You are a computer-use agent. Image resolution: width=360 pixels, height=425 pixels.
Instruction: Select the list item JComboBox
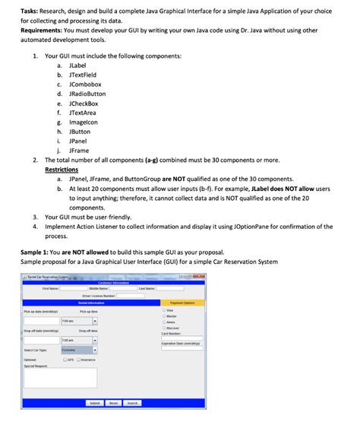click(x=85, y=84)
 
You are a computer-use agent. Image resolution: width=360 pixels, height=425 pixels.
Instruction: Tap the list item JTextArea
click(x=83, y=113)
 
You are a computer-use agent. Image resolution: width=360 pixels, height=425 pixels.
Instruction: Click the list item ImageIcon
click(x=83, y=122)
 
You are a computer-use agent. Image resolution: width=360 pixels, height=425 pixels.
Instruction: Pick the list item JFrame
click(x=79, y=151)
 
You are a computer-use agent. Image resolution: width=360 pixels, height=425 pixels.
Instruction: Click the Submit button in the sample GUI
click(x=95, y=402)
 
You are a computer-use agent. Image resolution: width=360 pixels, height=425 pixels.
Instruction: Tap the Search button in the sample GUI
click(x=132, y=402)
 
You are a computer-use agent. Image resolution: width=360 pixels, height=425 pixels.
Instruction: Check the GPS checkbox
click(x=65, y=360)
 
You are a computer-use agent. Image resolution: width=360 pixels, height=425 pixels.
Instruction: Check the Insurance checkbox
click(x=78, y=360)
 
